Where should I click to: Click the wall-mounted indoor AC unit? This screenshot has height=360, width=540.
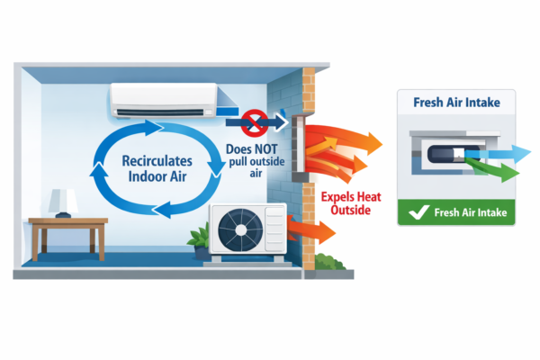click(x=163, y=100)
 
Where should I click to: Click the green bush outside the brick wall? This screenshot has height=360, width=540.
click(x=330, y=265)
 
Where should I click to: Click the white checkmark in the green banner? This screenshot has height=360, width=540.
click(x=418, y=213)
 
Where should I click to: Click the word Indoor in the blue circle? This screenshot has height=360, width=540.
click(x=134, y=175)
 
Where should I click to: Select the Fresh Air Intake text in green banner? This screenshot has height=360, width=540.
click(x=471, y=213)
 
